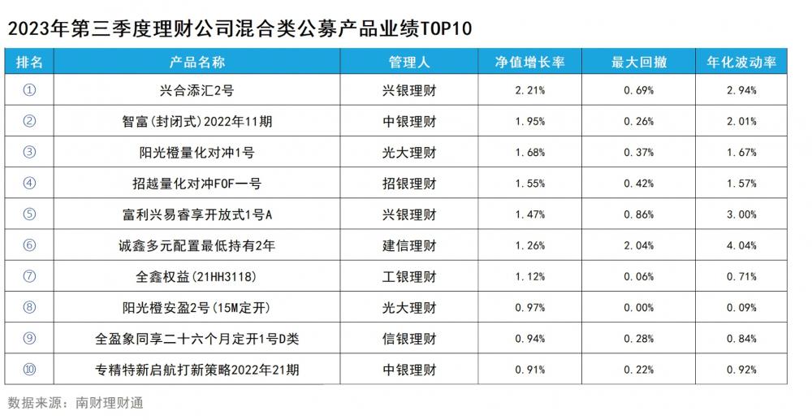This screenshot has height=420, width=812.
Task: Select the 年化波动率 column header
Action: [741, 62]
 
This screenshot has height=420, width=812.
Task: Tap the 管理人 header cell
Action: [409, 62]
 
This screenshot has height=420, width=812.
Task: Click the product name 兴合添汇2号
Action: [197, 90]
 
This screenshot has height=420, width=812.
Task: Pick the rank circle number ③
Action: [30, 152]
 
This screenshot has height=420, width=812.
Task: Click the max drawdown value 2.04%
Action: [638, 245]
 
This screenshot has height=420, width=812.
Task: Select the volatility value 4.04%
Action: [741, 245]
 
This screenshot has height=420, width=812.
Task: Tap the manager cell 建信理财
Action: [409, 245]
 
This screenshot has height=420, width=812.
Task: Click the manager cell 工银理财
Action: [409, 276]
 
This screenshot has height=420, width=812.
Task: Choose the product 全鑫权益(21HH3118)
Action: [197, 276]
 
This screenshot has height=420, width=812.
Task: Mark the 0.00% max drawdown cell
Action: [638, 308]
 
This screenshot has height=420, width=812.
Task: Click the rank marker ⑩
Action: [30, 370]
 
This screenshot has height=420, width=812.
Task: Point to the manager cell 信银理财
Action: [409, 339]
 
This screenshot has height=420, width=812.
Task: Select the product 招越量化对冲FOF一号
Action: [197, 184]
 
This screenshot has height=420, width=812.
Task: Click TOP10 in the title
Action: [445, 28]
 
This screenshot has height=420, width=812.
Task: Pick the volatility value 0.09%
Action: [741, 308]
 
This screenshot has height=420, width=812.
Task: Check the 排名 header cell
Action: [30, 62]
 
